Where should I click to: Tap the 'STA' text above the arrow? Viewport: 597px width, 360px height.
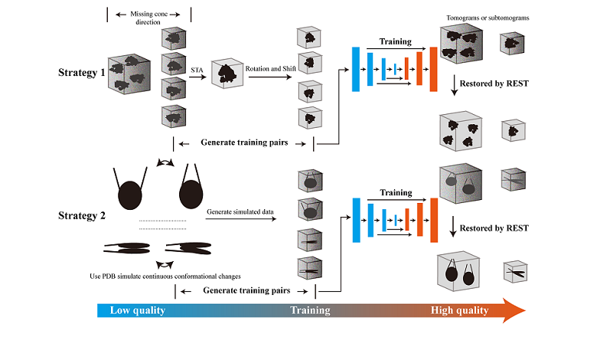click(x=197, y=70)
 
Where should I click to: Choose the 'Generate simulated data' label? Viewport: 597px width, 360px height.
click(x=240, y=211)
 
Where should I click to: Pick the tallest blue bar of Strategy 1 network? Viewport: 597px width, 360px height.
click(x=356, y=69)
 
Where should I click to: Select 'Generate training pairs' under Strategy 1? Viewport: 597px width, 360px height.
click(x=244, y=142)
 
